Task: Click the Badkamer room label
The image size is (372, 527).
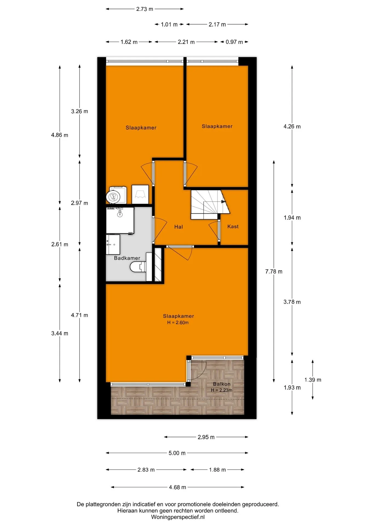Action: (127, 258)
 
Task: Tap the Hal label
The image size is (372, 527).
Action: (178, 227)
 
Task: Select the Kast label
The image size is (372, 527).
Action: (233, 226)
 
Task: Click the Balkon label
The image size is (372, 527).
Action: (222, 384)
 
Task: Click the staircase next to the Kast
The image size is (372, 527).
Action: (210, 204)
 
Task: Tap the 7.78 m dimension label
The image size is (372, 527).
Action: (274, 271)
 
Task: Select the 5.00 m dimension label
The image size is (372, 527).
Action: (177, 453)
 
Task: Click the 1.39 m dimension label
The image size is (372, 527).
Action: (313, 380)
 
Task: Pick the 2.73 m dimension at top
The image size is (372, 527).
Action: (145, 9)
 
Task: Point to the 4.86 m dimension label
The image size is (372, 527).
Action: (59, 135)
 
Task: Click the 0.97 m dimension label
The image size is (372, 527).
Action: (234, 42)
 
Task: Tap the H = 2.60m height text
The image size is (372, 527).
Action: (178, 323)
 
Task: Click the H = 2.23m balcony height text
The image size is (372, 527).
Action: (222, 390)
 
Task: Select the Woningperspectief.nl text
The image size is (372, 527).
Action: (178, 517)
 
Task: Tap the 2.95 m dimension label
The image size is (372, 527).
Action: (206, 437)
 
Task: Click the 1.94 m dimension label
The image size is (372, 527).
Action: (292, 218)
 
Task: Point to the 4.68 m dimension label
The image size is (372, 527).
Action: (177, 487)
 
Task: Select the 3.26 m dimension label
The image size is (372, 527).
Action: (79, 111)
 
